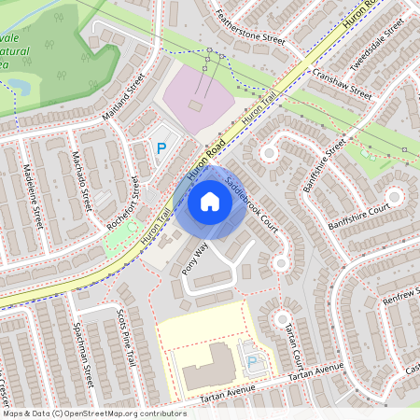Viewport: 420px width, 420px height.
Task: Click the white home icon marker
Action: pyautogui.click(x=210, y=202)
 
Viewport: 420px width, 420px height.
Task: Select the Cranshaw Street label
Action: pyautogui.click(x=343, y=84)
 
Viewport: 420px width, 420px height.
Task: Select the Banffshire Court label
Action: pyautogui.click(x=357, y=221)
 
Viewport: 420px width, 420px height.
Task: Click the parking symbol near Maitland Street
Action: pyautogui.click(x=161, y=147)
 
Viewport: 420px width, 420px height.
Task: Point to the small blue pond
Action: pyautogui.click(x=20, y=86)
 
